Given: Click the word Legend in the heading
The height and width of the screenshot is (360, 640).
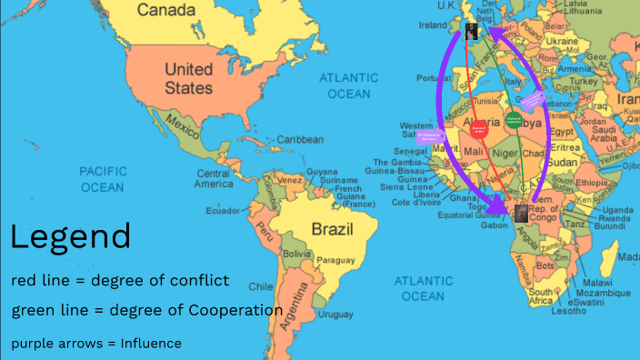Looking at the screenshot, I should (x=70, y=237).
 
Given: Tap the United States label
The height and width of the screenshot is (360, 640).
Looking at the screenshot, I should (x=189, y=79).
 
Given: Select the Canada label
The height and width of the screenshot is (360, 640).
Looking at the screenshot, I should (x=165, y=10).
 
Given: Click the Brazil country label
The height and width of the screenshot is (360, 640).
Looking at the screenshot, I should (x=332, y=228).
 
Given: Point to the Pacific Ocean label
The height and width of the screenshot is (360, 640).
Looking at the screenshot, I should (x=102, y=178).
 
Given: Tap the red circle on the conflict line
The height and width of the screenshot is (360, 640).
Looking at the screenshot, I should (x=479, y=129).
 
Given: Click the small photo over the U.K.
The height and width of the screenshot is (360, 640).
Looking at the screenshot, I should (x=472, y=32).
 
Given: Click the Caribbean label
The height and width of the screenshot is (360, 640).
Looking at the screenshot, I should (x=300, y=139).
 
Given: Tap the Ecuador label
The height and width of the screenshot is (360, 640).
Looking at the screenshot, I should (x=223, y=210).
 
